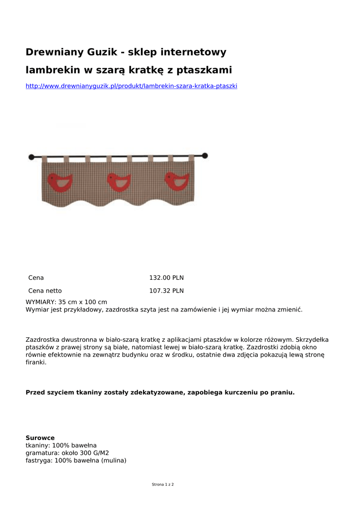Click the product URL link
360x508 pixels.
tap(131, 86)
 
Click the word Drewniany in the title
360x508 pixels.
tap(55, 52)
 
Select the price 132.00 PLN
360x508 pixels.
tap(166, 278)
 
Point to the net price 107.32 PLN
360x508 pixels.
tap(166, 291)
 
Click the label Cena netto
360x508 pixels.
tap(45, 291)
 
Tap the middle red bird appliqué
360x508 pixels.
tap(120, 182)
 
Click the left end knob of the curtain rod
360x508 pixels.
tap(31, 157)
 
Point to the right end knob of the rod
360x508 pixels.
tap(205, 155)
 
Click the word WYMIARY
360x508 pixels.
tap(40, 302)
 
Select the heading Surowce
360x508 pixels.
tap(40, 438)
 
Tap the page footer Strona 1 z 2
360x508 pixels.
tap(163, 484)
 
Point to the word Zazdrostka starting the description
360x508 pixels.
tap(43, 340)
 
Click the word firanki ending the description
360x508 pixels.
tap(35, 363)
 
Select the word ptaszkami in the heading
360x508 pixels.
tap(204, 70)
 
